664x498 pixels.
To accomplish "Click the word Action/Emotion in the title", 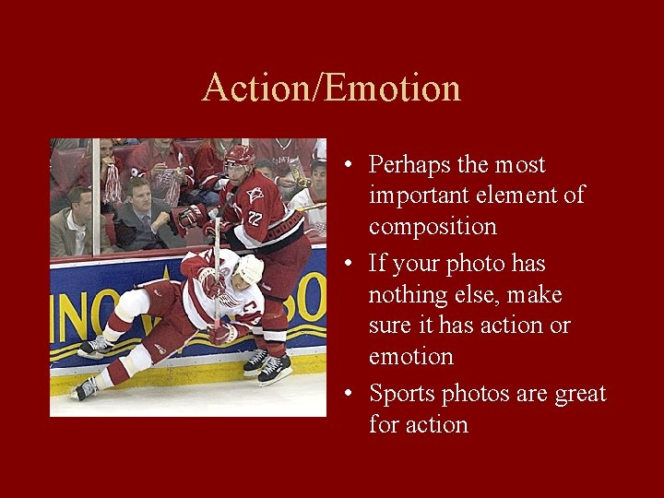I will pos(331,88).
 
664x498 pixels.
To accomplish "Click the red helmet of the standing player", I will pos(240,155).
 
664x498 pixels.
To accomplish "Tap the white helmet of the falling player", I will pos(249,268).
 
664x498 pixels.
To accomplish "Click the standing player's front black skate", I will pos(274,370).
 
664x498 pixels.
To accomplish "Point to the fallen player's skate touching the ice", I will pos(85,388).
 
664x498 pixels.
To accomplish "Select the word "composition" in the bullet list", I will pos(433,227).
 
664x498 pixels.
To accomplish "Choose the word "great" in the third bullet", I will pos(580,394).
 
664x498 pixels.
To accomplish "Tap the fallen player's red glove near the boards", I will pos(221,334).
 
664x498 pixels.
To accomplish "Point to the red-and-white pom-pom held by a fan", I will pos(111,181).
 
